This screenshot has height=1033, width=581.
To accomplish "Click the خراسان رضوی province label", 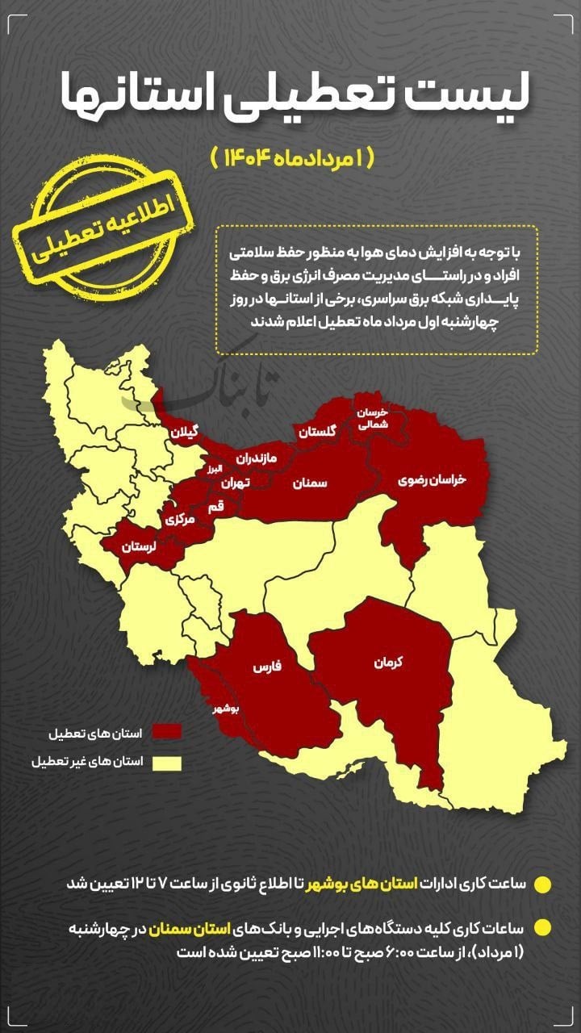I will [433, 479].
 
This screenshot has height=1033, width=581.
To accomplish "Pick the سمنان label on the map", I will [310, 483].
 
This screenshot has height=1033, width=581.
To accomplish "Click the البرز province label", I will [211, 469].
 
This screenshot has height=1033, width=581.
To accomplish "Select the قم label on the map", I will [215, 507].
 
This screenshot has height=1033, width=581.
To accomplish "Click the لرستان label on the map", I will [138, 546].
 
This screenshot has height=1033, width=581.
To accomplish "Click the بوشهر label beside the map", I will [224, 708].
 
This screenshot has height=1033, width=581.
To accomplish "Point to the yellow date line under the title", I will [293, 157].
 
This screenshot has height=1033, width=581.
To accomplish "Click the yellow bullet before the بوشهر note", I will [543, 884].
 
